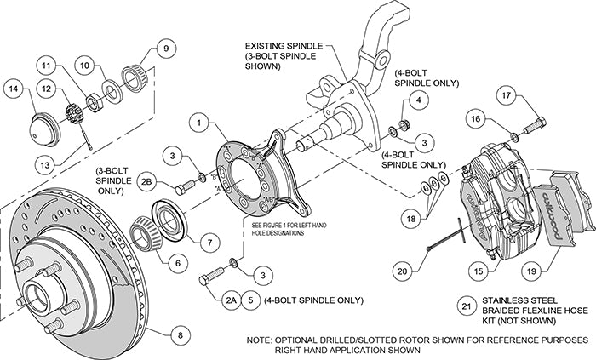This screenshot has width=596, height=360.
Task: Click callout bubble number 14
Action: pyautogui.click(x=14, y=87)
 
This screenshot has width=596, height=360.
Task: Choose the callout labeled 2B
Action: pyautogui.click(x=146, y=182)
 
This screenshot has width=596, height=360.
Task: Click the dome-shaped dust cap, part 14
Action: pyautogui.click(x=43, y=128)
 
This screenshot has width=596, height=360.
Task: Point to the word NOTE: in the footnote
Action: pyautogui.click(x=261, y=339)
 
